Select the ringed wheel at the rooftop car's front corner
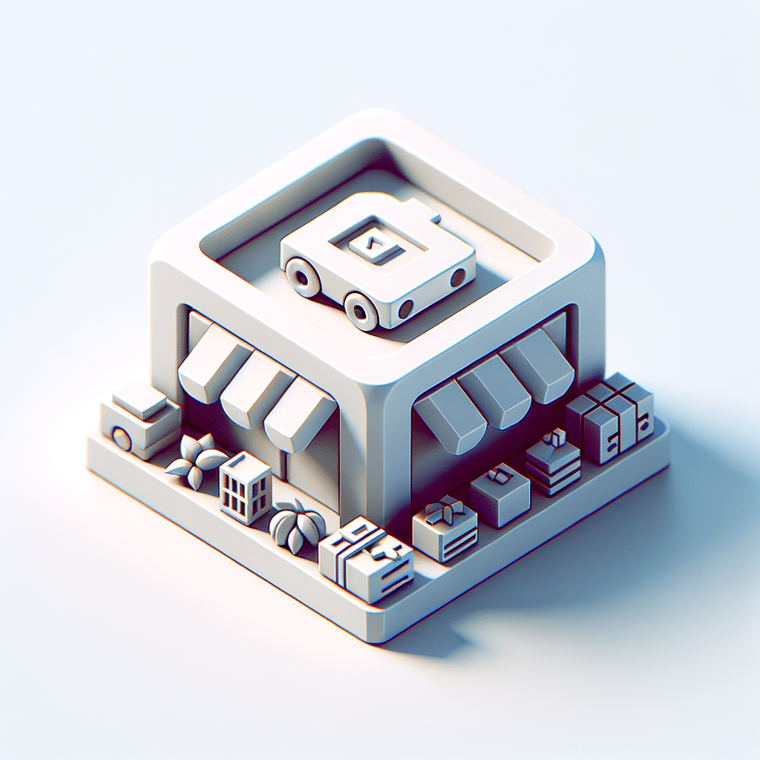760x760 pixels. (362, 310)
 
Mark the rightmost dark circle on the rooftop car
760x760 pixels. (458, 277)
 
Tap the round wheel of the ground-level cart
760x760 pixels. (121, 438)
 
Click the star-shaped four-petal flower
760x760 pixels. (194, 461)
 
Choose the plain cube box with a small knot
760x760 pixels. (500, 493)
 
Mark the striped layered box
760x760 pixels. (553, 465)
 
